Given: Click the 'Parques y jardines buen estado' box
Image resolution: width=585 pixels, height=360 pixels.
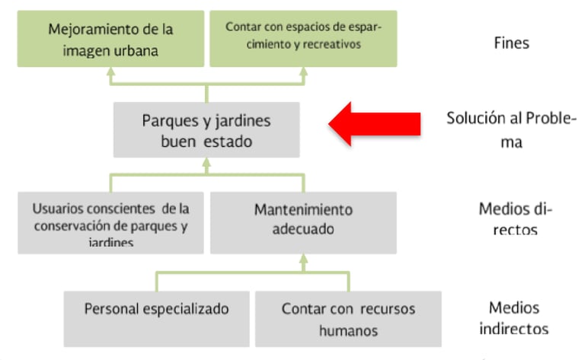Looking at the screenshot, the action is tap(206, 130).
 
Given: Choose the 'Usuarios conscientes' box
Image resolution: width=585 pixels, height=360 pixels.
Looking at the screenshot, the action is tap(111, 222).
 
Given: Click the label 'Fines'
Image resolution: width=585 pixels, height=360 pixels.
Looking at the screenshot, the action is tap(511, 43).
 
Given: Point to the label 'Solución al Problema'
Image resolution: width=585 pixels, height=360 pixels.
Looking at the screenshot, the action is tap(511, 130).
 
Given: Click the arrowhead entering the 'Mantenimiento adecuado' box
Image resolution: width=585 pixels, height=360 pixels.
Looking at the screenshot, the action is tap(303, 260).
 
